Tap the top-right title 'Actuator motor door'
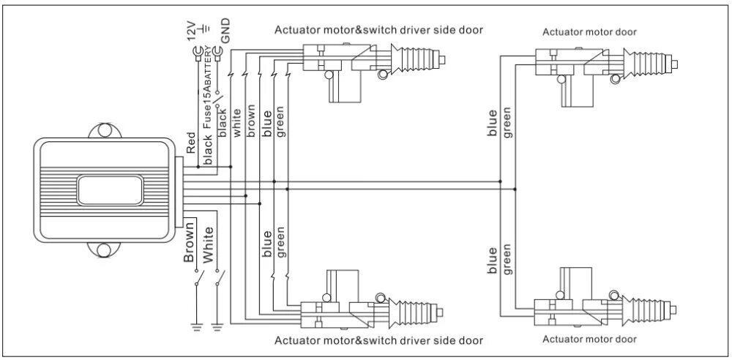(x=589, y=32)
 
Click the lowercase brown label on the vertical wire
(x=251, y=125)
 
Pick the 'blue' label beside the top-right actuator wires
(x=493, y=123)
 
